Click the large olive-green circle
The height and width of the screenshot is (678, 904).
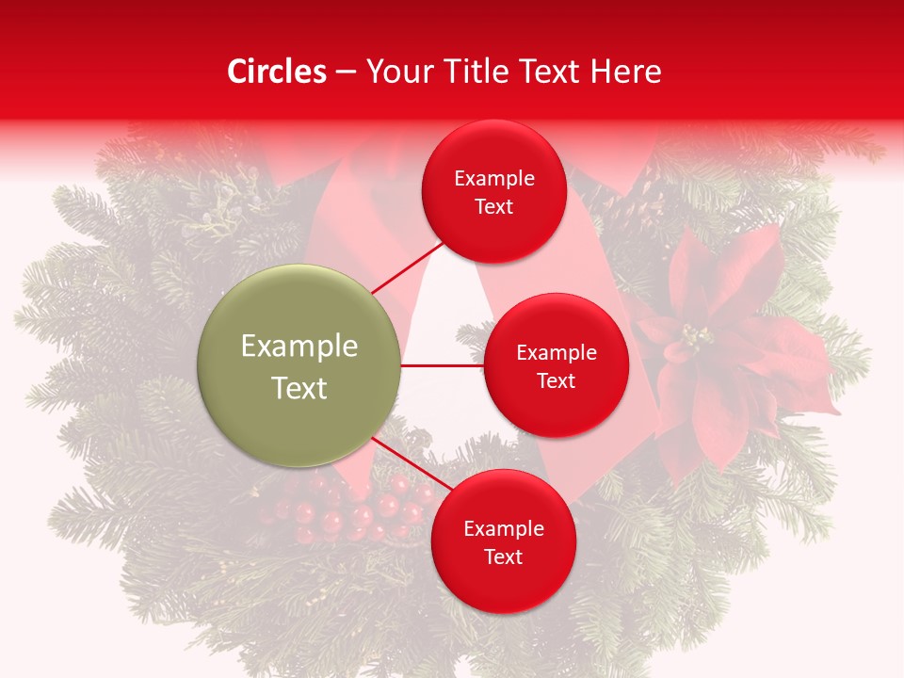pyautogui.click(x=299, y=365)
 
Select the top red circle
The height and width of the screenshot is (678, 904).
pyautogui.click(x=493, y=191)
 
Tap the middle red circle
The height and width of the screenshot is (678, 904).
pyautogui.click(x=556, y=365)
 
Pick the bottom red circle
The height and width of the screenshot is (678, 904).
pyautogui.click(x=503, y=541)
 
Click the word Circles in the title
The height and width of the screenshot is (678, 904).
pyautogui.click(x=277, y=72)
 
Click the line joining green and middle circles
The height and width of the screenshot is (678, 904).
pyautogui.click(x=443, y=365)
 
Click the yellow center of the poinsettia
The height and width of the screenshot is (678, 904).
pyautogui.click(x=697, y=336)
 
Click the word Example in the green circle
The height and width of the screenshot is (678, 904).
pyautogui.click(x=299, y=347)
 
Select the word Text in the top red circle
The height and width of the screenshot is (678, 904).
pyautogui.click(x=493, y=206)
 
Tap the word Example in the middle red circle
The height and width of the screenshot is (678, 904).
pyautogui.click(x=556, y=353)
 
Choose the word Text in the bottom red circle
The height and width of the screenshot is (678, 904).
pyautogui.click(x=503, y=557)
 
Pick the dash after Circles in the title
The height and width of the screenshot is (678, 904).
pyautogui.click(x=346, y=73)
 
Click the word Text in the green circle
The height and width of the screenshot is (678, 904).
pyautogui.click(x=299, y=388)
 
